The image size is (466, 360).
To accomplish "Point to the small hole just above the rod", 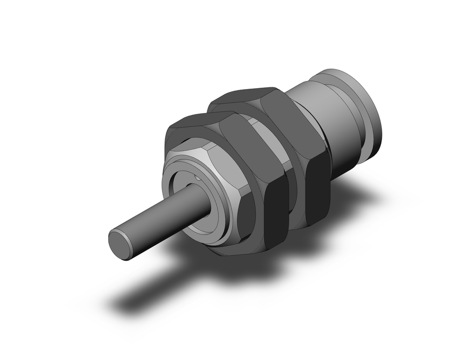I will (198, 178).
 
